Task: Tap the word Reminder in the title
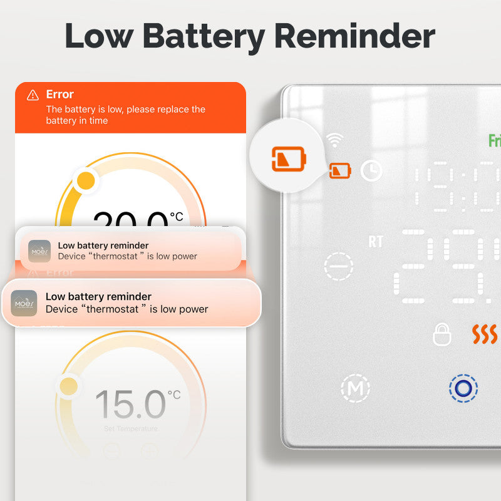354,36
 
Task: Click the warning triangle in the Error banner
33,95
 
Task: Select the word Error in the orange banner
60,95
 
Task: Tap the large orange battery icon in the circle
288,158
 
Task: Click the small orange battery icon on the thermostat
341,170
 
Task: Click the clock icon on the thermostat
371,170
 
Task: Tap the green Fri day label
494,140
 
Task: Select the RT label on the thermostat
375,242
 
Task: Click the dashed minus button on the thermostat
339,266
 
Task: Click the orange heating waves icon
484,334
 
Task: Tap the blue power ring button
463,388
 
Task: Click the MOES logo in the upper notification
39,250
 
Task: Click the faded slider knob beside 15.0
68,386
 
